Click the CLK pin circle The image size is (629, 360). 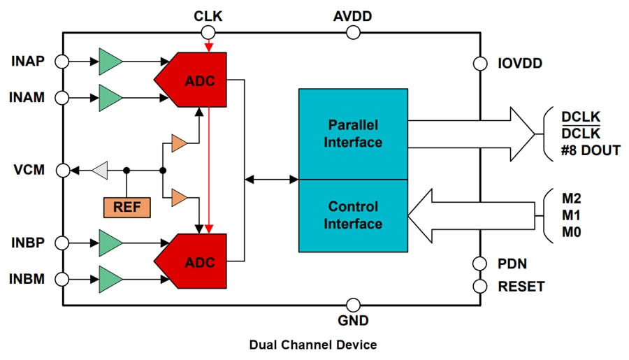208,32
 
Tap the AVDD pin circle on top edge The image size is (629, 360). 353,32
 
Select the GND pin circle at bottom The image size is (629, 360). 353,305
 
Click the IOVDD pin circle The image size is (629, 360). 480,63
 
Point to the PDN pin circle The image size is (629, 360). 480,264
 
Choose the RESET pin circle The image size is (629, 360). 480,287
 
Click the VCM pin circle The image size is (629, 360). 62,170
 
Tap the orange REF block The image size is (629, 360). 126,207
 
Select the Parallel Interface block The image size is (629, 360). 353,134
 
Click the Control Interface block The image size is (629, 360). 353,215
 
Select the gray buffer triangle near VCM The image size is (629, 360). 100,170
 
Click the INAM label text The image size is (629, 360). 28,98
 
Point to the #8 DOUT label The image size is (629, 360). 591,150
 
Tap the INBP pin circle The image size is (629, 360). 62,243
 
